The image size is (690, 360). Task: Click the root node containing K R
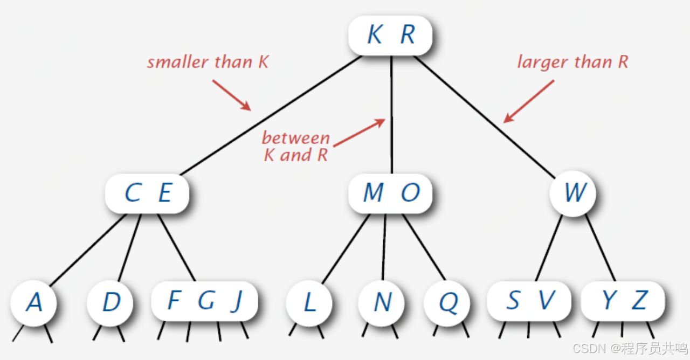point(390,35)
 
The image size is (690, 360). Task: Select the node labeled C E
point(147,193)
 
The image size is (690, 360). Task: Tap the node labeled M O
point(390,193)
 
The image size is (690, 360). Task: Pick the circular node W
point(573,193)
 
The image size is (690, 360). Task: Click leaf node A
point(33,302)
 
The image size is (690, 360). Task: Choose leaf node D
point(111,302)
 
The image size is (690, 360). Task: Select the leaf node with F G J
point(205,301)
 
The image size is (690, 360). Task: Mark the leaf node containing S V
point(529,301)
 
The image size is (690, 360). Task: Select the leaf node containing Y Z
point(623,301)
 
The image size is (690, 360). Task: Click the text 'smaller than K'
point(208,62)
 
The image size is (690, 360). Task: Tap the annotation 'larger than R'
point(572,62)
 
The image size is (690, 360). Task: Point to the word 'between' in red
point(295,138)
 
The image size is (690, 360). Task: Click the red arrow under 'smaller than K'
point(232,95)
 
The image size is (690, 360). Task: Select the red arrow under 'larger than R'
point(529,101)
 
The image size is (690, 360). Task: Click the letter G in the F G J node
point(206,301)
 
